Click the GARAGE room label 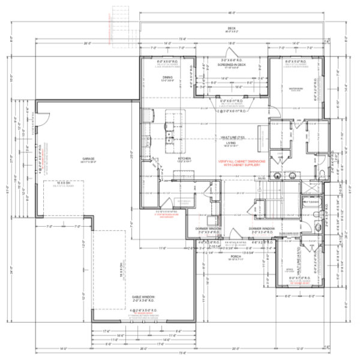click(92, 158)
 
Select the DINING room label click(168, 77)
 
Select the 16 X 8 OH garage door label click(119, 267)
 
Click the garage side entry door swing click(42, 117)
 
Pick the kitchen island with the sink click(173, 129)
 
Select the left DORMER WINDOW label click(209, 230)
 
